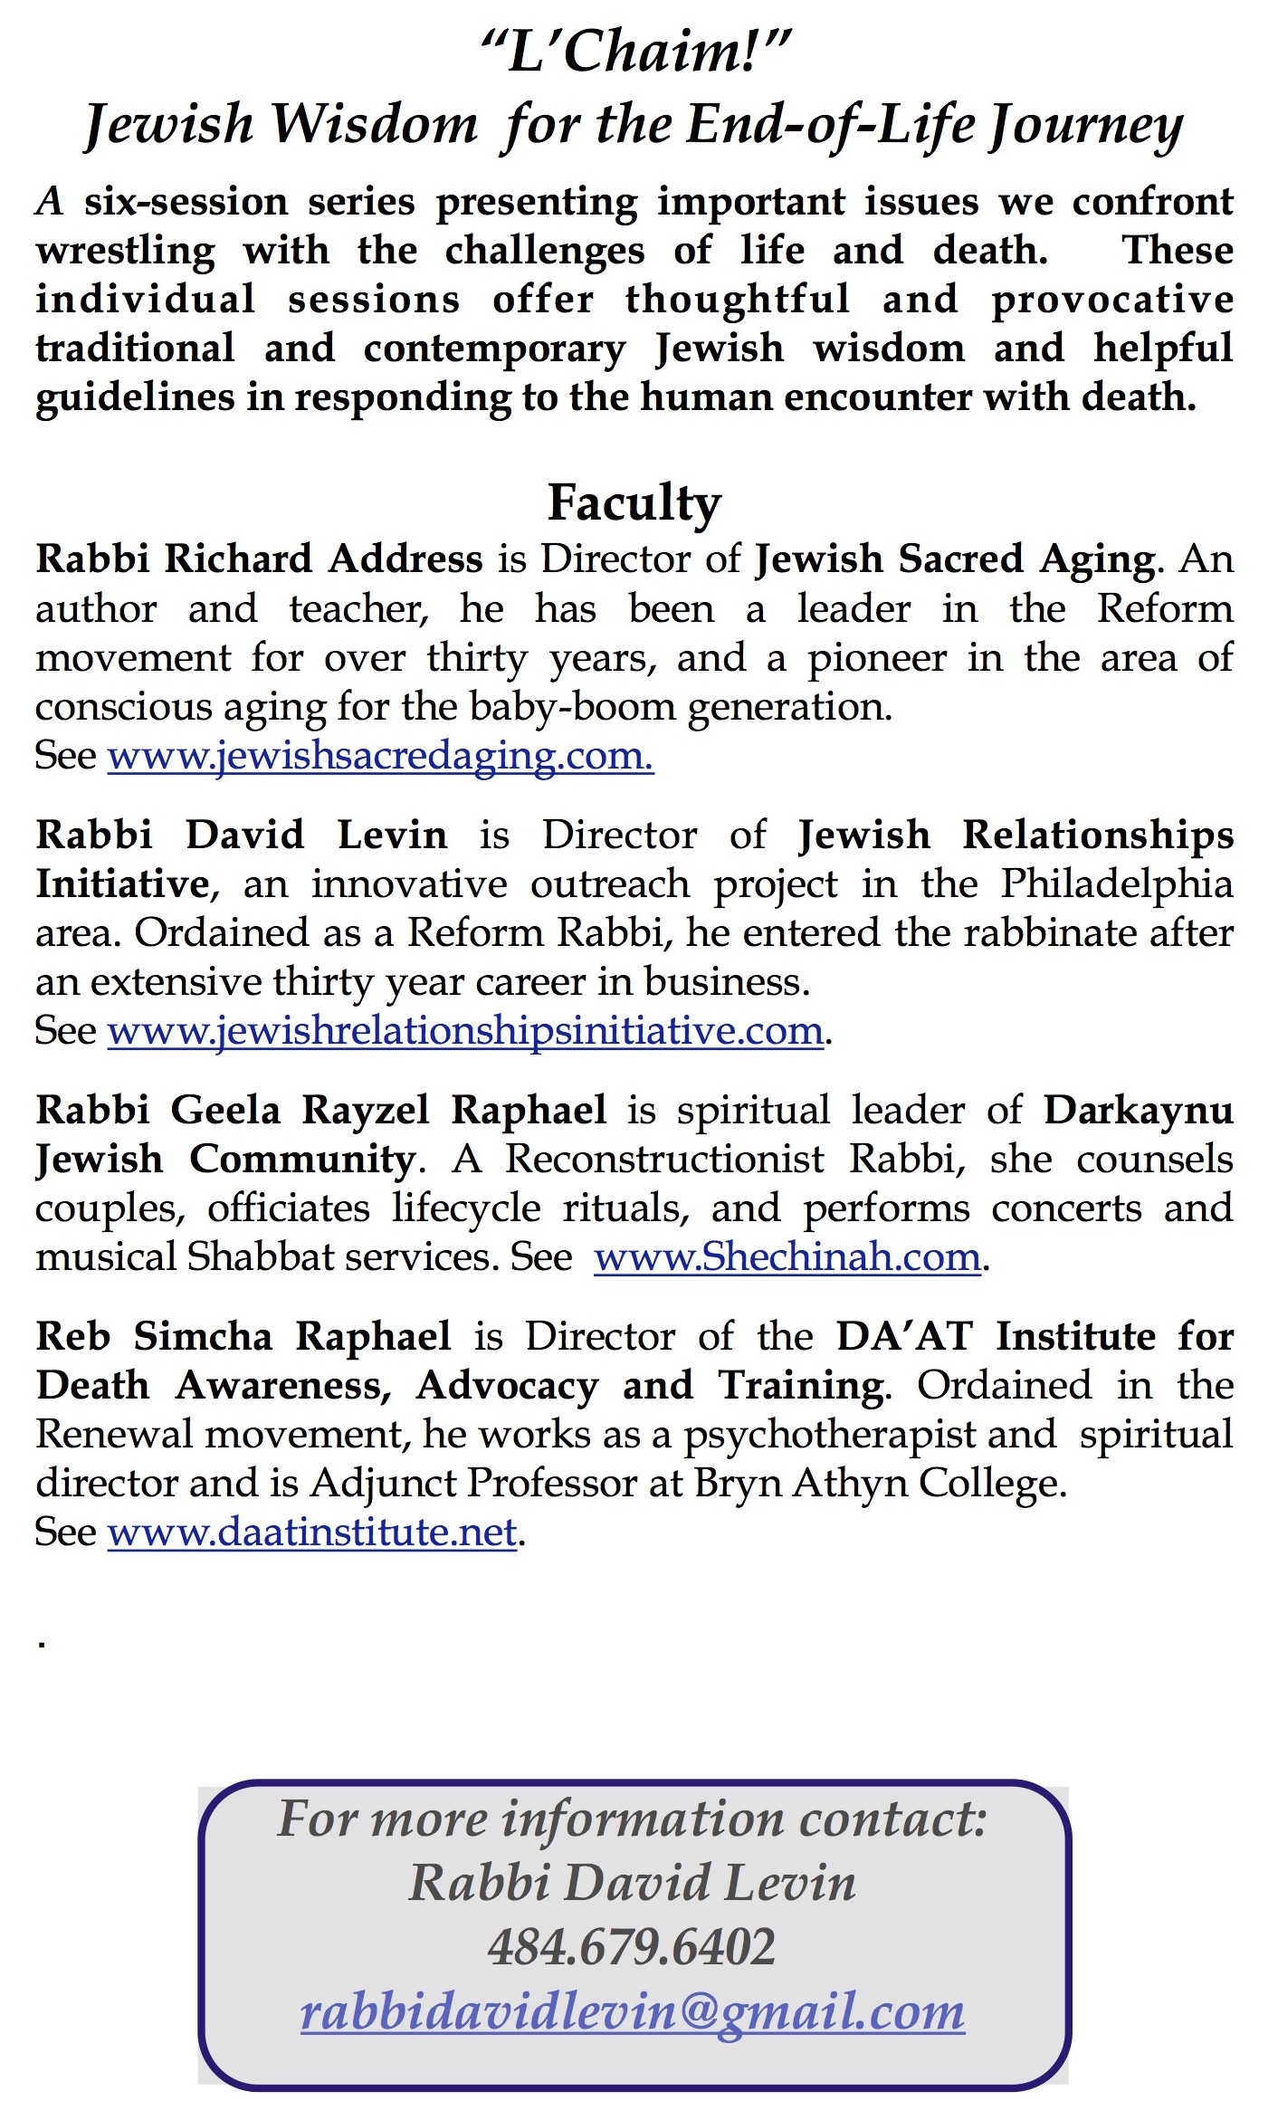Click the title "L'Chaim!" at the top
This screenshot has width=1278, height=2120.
coord(636,51)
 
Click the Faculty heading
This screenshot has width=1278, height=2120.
coord(634,503)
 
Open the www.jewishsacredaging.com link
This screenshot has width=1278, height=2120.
coord(380,755)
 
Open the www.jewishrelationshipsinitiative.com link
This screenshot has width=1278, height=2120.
coord(465,1030)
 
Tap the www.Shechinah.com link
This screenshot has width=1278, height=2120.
coord(787,1256)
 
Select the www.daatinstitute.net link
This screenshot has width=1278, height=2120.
coord(312,1532)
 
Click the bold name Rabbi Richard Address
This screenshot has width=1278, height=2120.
coord(259,559)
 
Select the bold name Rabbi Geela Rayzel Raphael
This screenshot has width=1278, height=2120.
coord(320,1110)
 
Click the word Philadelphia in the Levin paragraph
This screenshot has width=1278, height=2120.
coord(1116,883)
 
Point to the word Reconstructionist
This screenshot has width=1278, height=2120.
coord(664,1159)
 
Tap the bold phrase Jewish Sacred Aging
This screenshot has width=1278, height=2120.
coord(955,559)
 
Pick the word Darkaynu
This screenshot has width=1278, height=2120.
coord(1139,1110)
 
